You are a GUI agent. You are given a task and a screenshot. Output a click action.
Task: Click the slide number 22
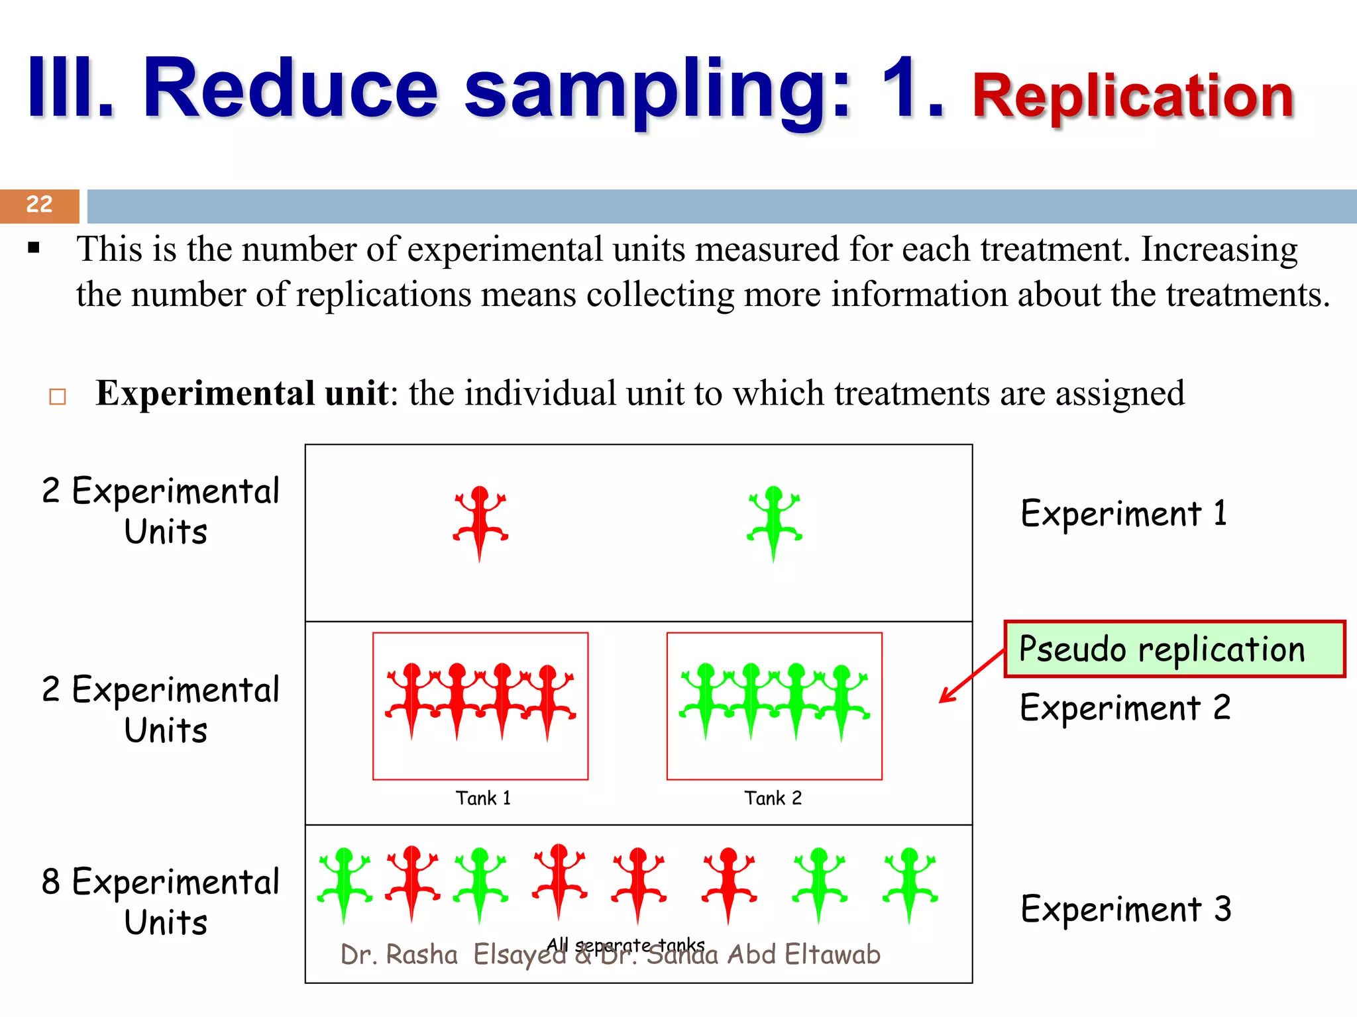(x=39, y=205)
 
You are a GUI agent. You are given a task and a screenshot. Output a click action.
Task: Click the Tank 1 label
(x=483, y=798)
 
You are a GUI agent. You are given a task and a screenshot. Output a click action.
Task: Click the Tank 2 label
(x=773, y=798)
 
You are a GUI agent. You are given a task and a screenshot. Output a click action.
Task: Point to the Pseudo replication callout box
(x=1174, y=649)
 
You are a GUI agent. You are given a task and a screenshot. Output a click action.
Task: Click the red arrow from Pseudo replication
(x=971, y=677)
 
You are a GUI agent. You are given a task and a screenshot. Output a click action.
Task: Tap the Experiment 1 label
(x=1124, y=514)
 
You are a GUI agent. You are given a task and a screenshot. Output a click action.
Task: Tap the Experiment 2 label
(x=1125, y=708)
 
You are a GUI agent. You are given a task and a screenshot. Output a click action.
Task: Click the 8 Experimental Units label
(x=161, y=901)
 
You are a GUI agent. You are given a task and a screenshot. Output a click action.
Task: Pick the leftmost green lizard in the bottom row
(x=344, y=883)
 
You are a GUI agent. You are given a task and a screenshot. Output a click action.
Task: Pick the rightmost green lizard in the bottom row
(x=910, y=883)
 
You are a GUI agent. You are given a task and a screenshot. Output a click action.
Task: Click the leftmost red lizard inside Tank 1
(x=412, y=699)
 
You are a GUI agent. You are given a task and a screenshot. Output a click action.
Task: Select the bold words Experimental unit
(x=241, y=393)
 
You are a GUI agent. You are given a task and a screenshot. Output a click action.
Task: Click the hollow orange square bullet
(x=58, y=397)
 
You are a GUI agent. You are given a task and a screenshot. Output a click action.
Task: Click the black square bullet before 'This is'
(x=34, y=249)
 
